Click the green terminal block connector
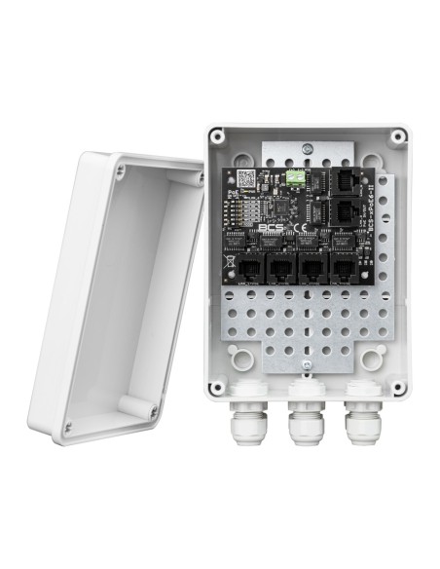click(x=295, y=178)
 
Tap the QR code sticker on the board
click(x=248, y=179)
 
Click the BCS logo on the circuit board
click(x=271, y=229)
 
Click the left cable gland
click(x=247, y=423)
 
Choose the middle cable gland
click(x=304, y=425)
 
